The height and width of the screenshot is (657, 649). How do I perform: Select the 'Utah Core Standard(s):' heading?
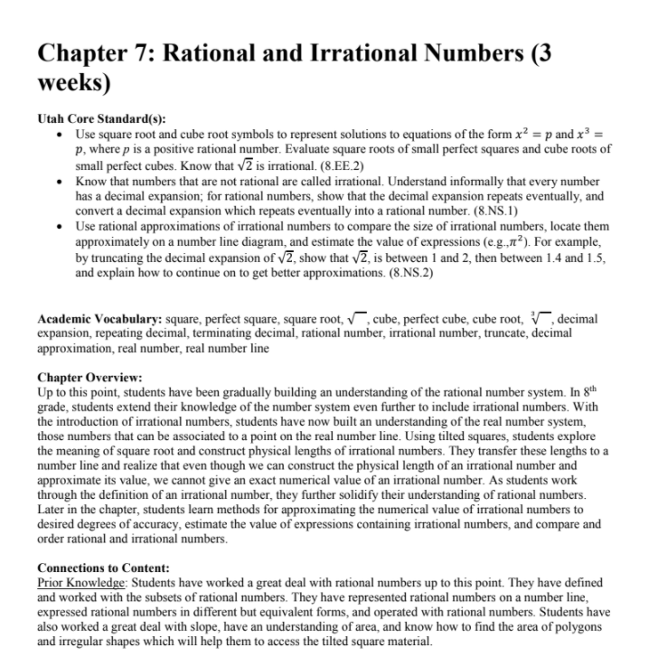coord(93,118)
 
